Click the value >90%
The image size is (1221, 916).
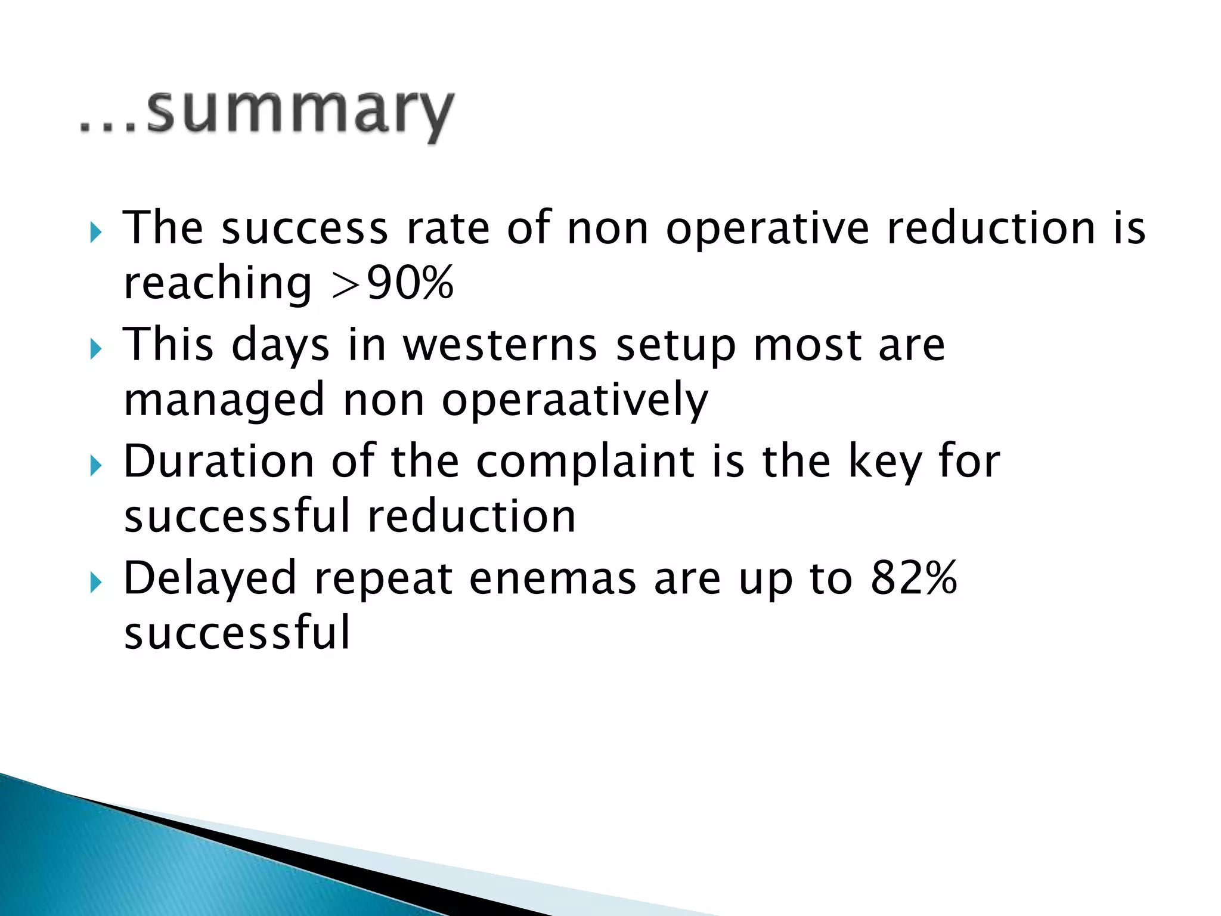pyautogui.click(x=392, y=283)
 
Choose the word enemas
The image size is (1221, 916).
pyautogui.click(x=552, y=578)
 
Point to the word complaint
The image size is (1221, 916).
pyautogui.click(x=585, y=463)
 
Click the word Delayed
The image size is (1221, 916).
pyautogui.click(x=209, y=578)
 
